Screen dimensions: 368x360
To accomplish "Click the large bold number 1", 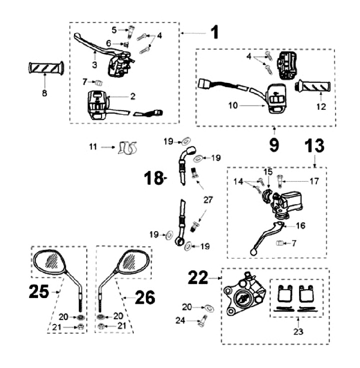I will pos(214,32).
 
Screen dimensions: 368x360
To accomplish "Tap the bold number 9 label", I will pos(274,145).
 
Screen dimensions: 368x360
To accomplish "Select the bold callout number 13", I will pos(315,146).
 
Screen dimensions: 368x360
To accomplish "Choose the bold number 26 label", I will pos(144,298).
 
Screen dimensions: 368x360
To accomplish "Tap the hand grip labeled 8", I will pos(45,68).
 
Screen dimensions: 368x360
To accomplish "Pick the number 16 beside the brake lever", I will pos(300,226).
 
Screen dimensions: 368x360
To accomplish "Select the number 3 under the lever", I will pos(93,65).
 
